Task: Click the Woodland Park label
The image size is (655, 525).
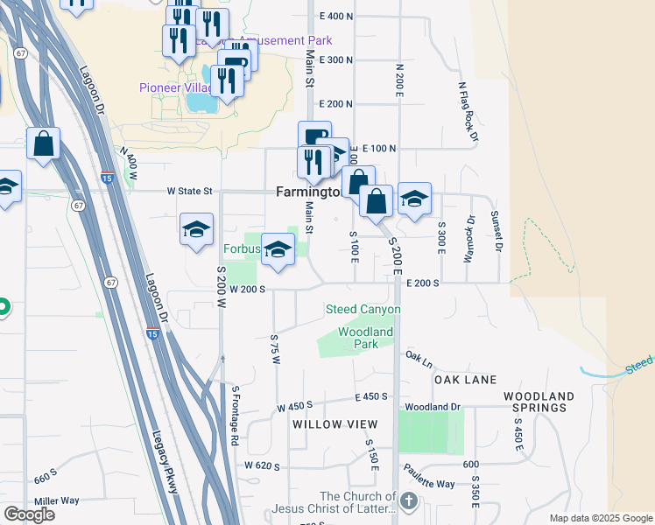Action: pos(365,338)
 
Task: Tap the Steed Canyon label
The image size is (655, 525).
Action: pos(363,309)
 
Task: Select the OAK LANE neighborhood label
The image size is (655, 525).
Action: pos(465,380)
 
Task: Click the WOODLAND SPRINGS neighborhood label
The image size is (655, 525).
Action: pos(539,402)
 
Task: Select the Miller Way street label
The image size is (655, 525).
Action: pos(57,500)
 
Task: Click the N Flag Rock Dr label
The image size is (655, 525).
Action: pos(468,112)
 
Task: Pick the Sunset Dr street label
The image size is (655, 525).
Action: pos(496,232)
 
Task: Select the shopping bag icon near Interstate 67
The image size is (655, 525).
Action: pos(43,143)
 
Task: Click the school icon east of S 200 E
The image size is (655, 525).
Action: pos(414,199)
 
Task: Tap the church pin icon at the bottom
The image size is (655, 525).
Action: pos(408,502)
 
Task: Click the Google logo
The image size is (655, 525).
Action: pos(29,514)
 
